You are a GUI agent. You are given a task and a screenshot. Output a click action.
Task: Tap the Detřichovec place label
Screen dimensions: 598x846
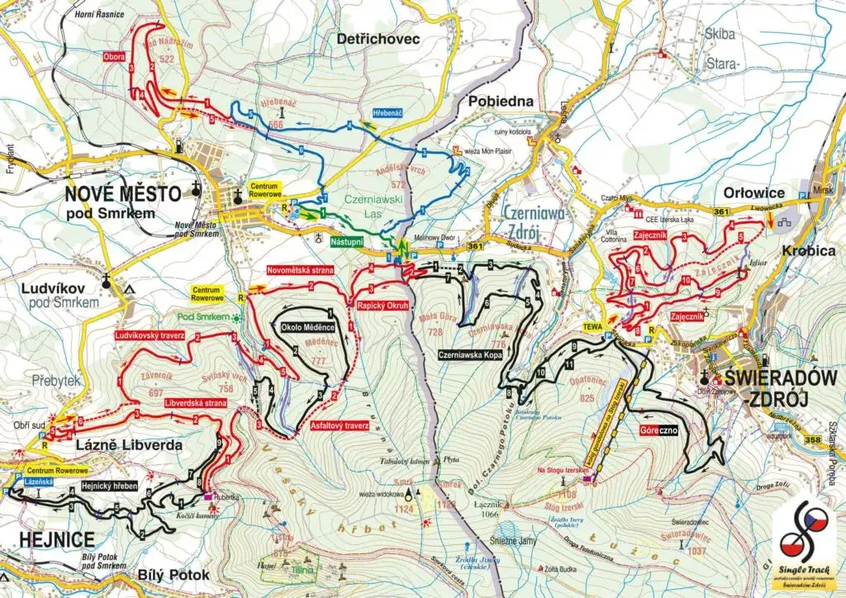[x=379, y=39]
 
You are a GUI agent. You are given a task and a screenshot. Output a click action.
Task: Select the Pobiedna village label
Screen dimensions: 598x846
[x=501, y=101]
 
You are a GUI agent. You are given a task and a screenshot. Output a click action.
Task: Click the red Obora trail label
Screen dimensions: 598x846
[x=114, y=58]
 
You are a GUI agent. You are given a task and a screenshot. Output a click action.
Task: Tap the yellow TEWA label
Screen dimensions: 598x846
[x=592, y=325]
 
